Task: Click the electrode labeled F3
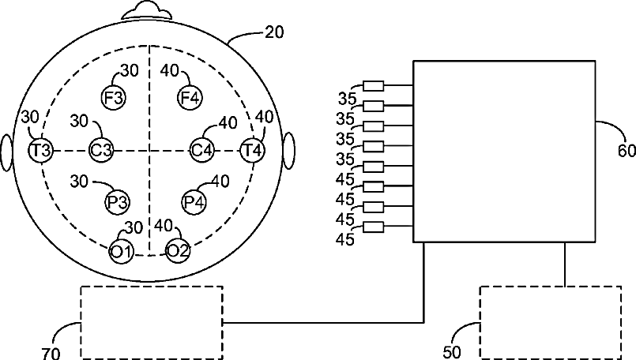click(x=112, y=98)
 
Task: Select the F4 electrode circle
click(x=190, y=98)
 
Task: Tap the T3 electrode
click(x=40, y=149)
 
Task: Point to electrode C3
click(x=100, y=149)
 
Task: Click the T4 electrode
click(x=253, y=149)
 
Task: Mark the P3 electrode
click(x=117, y=202)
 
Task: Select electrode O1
click(x=122, y=251)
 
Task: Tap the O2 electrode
click(x=177, y=251)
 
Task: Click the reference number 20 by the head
click(x=274, y=32)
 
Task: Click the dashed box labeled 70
click(x=152, y=322)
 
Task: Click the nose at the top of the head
click(x=148, y=10)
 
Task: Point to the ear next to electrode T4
click(x=288, y=150)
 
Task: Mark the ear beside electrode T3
click(x=7, y=151)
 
